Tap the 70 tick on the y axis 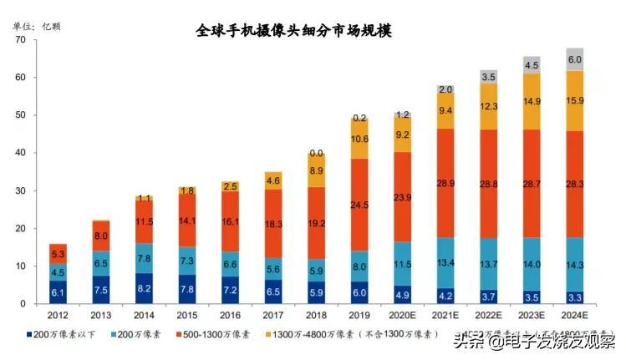[19, 40]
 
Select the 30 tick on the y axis [19, 191]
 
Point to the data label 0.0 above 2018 [315, 154]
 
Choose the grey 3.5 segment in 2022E [490, 77]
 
